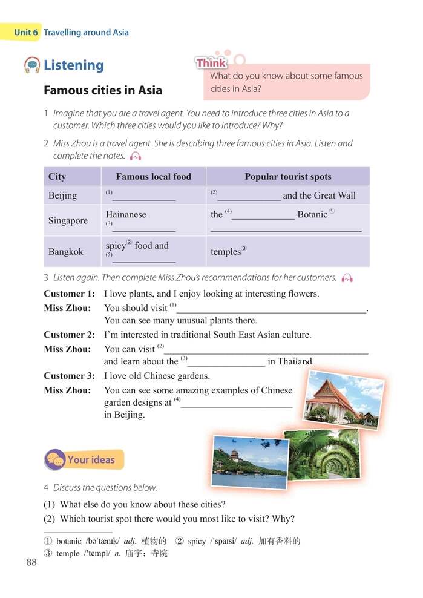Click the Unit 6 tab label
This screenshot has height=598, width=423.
[25, 32]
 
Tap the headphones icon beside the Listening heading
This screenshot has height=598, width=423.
[32, 65]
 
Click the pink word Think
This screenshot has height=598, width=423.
[211, 63]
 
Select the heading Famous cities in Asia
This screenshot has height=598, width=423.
[103, 90]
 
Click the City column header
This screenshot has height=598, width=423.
[57, 177]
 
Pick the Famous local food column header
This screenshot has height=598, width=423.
[153, 177]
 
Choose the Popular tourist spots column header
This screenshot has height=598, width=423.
[287, 177]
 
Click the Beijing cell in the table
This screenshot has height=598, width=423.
[62, 195]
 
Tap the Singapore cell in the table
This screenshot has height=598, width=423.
[68, 220]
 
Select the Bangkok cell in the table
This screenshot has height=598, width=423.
[65, 251]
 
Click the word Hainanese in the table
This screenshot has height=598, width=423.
[126, 214]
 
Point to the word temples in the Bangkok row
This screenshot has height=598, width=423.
[226, 252]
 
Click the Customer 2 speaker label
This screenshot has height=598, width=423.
[69, 335]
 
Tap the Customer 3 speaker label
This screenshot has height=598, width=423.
[69, 376]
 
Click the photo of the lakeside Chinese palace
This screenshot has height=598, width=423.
[249, 462]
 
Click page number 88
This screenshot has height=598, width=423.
[31, 562]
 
